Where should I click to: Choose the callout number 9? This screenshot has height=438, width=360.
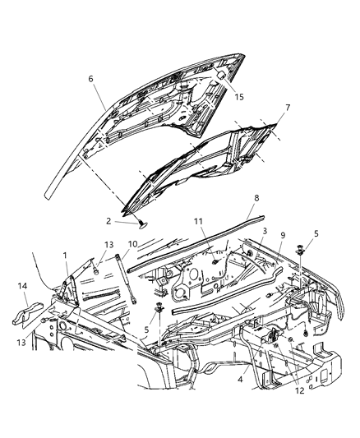click(280, 237)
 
